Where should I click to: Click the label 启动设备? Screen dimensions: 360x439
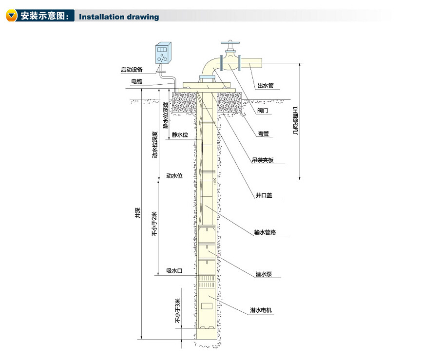coord(132,70)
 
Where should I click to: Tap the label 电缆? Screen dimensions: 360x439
coord(136,81)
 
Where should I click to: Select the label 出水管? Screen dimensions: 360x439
coord(266,86)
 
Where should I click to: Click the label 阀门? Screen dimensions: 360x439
coord(262,111)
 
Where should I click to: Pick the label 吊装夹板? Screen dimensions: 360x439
coord(263,160)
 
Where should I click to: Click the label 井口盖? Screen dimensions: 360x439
coord(264,196)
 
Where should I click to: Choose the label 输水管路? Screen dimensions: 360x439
coord(265,232)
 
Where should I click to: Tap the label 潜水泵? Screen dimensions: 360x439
coord(264,274)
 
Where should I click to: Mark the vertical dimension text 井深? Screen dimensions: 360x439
coord(138,212)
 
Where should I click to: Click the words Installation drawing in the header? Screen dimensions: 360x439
coord(119,17)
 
